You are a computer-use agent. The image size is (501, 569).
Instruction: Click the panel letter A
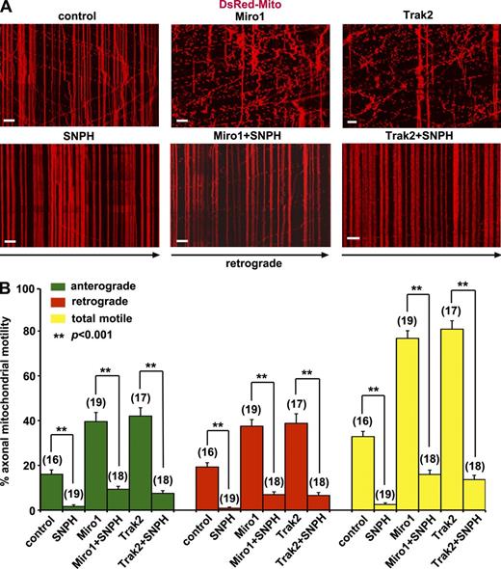point(7,8)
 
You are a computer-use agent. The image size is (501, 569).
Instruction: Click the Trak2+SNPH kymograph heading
point(418,137)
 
